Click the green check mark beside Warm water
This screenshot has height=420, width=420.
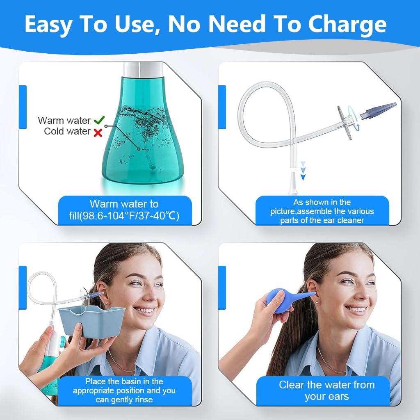(99, 120)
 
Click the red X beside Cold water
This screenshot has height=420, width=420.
(98, 132)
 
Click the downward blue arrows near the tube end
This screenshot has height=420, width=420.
(303, 170)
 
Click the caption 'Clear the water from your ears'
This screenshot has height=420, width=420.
(327, 390)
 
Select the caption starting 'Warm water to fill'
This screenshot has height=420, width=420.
(125, 210)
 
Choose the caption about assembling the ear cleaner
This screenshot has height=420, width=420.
(322, 211)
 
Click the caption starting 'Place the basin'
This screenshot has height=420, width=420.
(124, 390)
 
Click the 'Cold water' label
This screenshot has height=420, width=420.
(67, 132)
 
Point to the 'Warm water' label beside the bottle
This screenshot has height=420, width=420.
(64, 121)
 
